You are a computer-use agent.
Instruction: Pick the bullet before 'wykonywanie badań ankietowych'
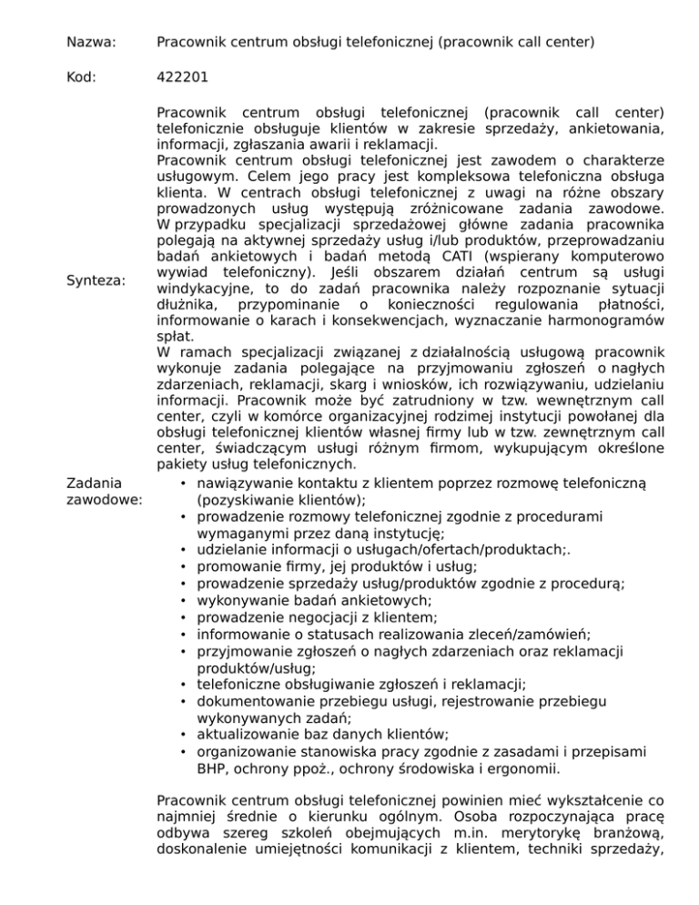click(x=185, y=602)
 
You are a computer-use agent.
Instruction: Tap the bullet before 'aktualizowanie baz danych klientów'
click(x=185, y=735)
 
